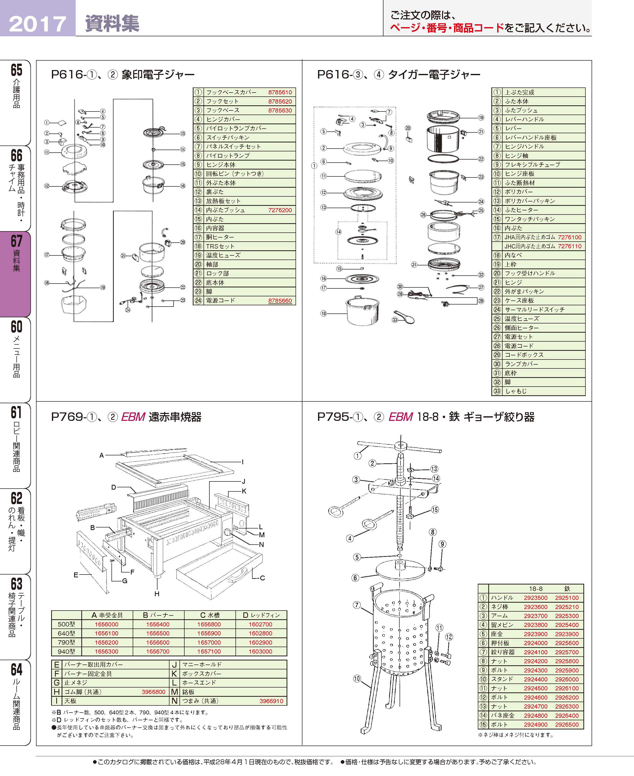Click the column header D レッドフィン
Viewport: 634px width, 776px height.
tap(261, 615)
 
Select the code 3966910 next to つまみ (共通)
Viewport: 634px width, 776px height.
tap(271, 701)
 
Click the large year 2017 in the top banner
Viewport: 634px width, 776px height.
tap(37, 24)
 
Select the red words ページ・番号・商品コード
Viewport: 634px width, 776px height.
tap(447, 28)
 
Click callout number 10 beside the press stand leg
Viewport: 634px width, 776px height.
tap(357, 679)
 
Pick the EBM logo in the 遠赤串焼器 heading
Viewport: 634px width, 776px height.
tap(133, 417)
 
